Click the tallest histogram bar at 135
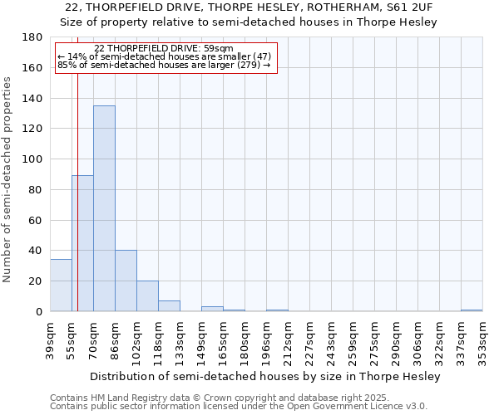click(x=104, y=207)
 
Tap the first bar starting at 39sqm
click(x=61, y=286)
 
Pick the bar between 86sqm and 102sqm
click(x=126, y=281)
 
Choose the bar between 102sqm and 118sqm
click(x=147, y=296)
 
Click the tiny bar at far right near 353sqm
click(x=472, y=310)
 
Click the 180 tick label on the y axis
click(x=33, y=37)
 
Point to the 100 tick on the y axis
click(x=33, y=159)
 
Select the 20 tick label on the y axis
click(x=37, y=281)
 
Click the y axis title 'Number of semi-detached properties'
click(x=8, y=180)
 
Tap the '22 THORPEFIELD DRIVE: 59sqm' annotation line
click(x=164, y=49)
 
